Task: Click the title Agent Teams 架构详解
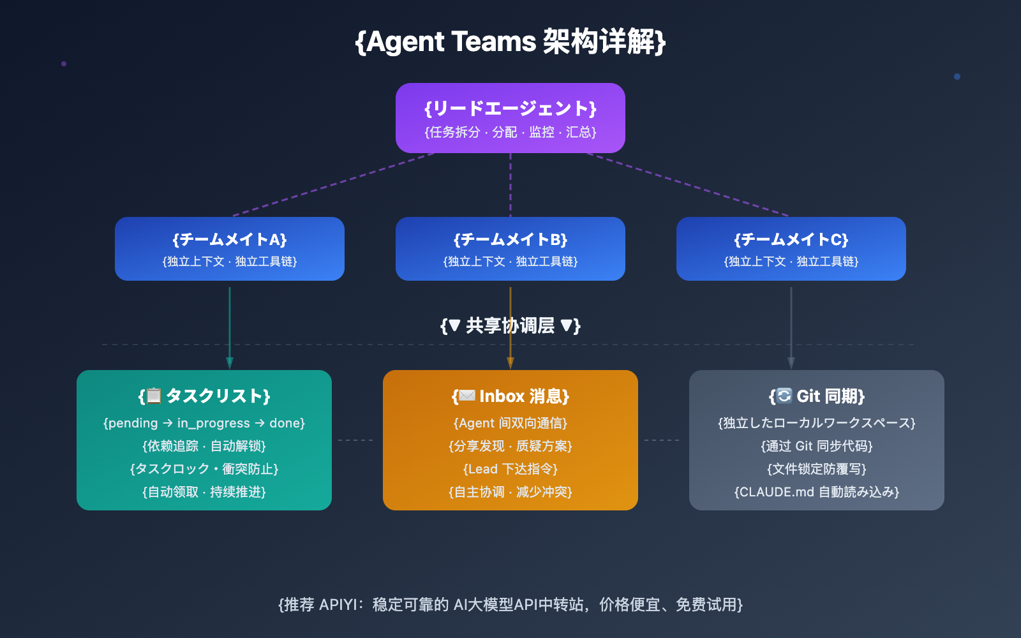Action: [x=511, y=42]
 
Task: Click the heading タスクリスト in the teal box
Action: [x=217, y=396]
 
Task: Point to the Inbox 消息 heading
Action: [x=523, y=396]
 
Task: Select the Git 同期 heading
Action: [x=830, y=396]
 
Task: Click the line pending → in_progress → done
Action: [x=204, y=423]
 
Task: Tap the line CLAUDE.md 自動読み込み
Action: [x=817, y=492]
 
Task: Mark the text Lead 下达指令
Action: [x=511, y=469]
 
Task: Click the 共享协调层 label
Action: [x=511, y=326]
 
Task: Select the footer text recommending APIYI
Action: [x=511, y=604]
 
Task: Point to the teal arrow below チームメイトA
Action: [x=230, y=325]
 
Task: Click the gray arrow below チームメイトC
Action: [x=791, y=325]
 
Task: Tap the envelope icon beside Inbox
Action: [x=467, y=396]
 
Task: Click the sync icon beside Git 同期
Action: [x=784, y=396]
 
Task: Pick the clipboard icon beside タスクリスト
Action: [x=153, y=396]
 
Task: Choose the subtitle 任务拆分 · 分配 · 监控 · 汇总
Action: [x=511, y=132]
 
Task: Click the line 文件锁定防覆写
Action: [x=817, y=469]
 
